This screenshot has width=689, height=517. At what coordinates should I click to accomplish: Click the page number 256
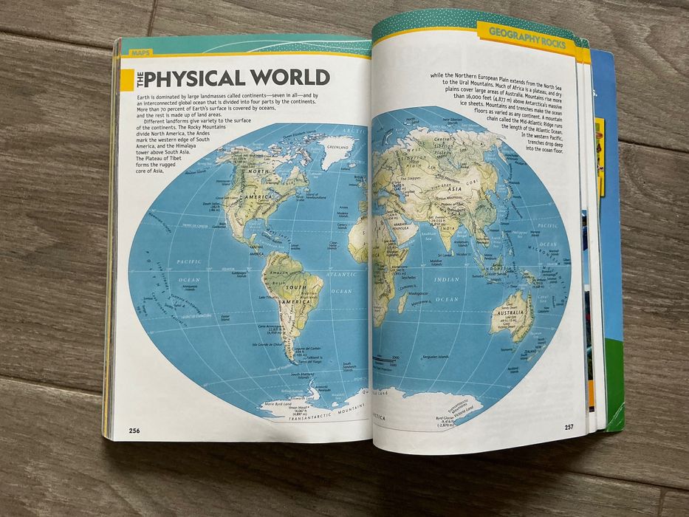coord(134,431)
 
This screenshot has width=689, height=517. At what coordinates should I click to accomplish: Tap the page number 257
coord(569,427)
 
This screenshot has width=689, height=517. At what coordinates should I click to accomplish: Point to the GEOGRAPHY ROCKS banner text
coord(527,37)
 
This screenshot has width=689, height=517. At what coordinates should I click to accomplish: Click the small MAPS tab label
coord(135,53)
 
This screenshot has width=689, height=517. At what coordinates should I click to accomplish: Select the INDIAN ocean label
coord(447,279)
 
